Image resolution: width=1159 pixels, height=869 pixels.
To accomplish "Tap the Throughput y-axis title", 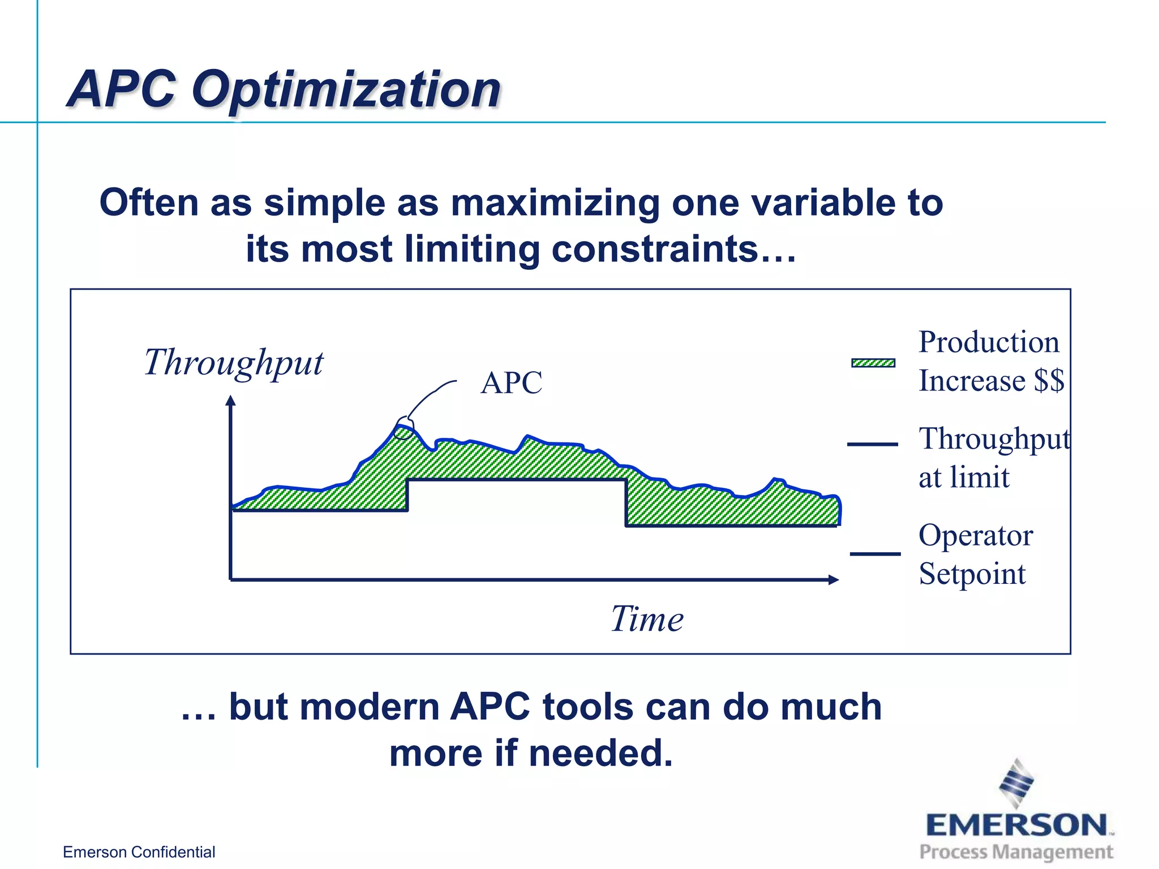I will (x=233, y=363).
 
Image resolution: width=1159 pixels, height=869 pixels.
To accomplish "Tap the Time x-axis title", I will (x=647, y=619).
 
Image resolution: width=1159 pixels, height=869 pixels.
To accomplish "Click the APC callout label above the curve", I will (x=512, y=383).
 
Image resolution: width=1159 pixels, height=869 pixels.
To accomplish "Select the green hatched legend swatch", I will (x=873, y=363).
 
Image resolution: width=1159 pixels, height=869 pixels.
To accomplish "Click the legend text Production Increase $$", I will (x=990, y=361).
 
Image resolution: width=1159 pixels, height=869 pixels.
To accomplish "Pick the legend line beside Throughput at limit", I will (x=872, y=445).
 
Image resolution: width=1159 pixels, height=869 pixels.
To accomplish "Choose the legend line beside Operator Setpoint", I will (x=875, y=554).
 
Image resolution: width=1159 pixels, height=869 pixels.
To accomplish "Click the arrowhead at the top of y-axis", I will (x=230, y=401).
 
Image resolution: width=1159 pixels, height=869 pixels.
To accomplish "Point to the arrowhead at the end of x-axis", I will (x=833, y=579).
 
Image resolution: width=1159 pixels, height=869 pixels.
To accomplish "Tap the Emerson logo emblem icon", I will (x=1016, y=784).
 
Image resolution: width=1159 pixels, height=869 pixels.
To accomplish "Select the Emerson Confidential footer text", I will (x=139, y=852).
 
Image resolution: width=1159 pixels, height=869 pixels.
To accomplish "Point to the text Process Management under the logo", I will (x=1016, y=851).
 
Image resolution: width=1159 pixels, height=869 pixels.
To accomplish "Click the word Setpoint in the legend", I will (x=972, y=574).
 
